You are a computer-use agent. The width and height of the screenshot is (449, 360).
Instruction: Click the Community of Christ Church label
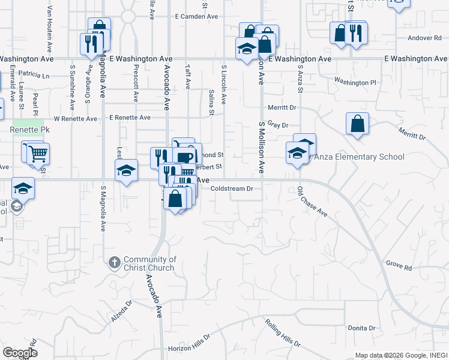tap(150, 263)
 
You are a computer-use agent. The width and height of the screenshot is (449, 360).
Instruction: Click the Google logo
tap(19, 353)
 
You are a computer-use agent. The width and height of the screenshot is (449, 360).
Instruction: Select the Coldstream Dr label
tap(233, 188)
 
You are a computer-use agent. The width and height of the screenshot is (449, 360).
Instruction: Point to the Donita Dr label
tap(361, 328)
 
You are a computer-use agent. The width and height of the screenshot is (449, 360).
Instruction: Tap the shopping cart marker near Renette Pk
tap(37, 153)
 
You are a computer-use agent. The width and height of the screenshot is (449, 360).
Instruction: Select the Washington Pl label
tap(355, 82)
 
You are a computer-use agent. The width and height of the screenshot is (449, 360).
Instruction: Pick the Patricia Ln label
tap(34, 76)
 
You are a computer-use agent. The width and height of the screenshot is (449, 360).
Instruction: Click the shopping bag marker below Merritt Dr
tap(357, 124)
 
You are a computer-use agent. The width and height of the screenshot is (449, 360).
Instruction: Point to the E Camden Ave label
tap(196, 17)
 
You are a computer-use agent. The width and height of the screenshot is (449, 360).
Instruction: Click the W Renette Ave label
tap(75, 119)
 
